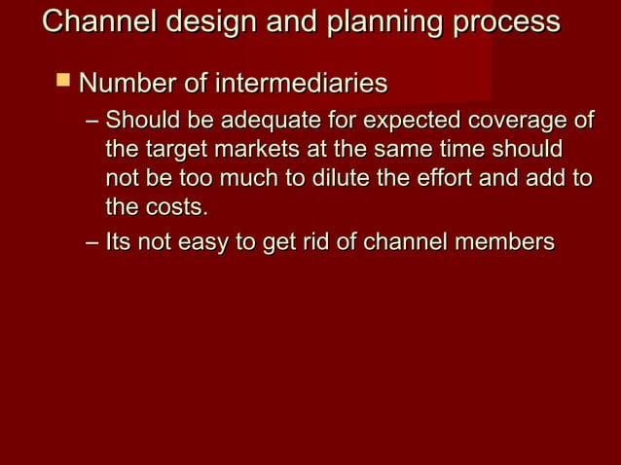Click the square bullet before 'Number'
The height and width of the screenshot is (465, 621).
64,82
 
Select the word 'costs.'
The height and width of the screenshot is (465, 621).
176,207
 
